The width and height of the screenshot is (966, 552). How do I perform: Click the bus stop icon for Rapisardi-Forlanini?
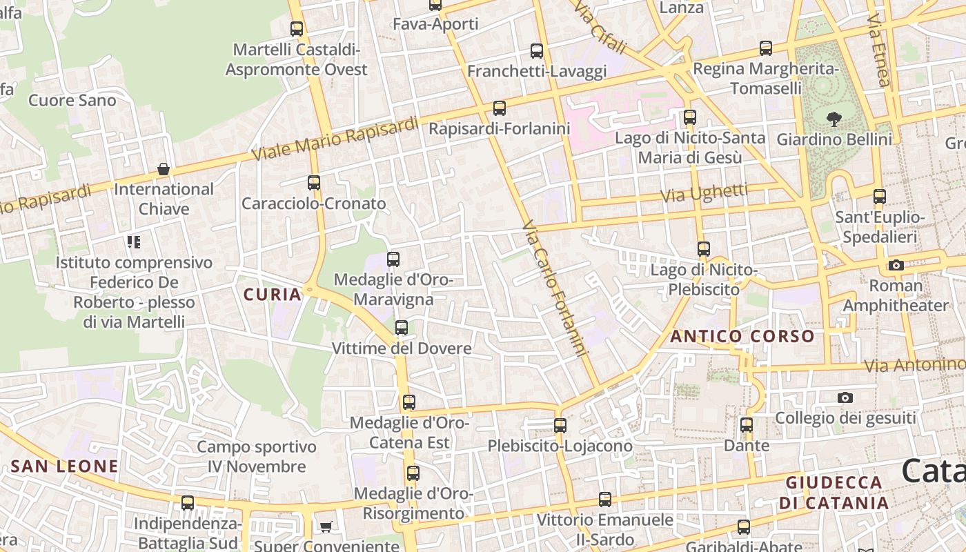[x=499, y=108]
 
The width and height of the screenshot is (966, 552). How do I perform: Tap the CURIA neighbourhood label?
[x=273, y=295]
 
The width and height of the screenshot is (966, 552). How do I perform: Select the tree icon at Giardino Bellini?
[x=834, y=119]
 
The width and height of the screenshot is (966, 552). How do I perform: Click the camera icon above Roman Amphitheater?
[x=896, y=266]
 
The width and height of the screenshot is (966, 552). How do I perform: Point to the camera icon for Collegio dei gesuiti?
[x=845, y=397]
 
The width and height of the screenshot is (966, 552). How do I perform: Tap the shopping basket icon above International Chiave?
[x=164, y=169]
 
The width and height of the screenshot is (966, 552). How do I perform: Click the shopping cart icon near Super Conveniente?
[x=326, y=526]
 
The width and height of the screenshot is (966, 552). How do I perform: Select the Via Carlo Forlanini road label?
[x=555, y=288]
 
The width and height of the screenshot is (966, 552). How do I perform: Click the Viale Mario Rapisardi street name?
[x=335, y=139]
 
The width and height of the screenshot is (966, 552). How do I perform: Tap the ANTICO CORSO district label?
[x=742, y=337]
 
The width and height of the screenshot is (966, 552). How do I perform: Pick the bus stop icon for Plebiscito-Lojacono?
[x=560, y=426]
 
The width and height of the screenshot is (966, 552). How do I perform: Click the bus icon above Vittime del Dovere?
[x=401, y=328]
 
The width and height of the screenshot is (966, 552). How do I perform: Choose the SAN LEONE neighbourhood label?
[x=64, y=466]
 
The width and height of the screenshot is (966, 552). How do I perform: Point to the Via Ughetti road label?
[x=704, y=193]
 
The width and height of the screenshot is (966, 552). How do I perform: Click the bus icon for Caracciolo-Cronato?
[x=313, y=183]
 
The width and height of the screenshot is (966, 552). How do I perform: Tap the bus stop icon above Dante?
[x=746, y=425]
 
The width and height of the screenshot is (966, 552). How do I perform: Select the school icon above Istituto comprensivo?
[x=134, y=242]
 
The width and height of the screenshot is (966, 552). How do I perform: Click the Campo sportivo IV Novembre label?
[x=257, y=457]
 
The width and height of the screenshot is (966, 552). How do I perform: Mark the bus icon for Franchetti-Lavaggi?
[x=536, y=51]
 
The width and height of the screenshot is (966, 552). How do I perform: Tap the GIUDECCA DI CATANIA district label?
[x=834, y=493]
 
